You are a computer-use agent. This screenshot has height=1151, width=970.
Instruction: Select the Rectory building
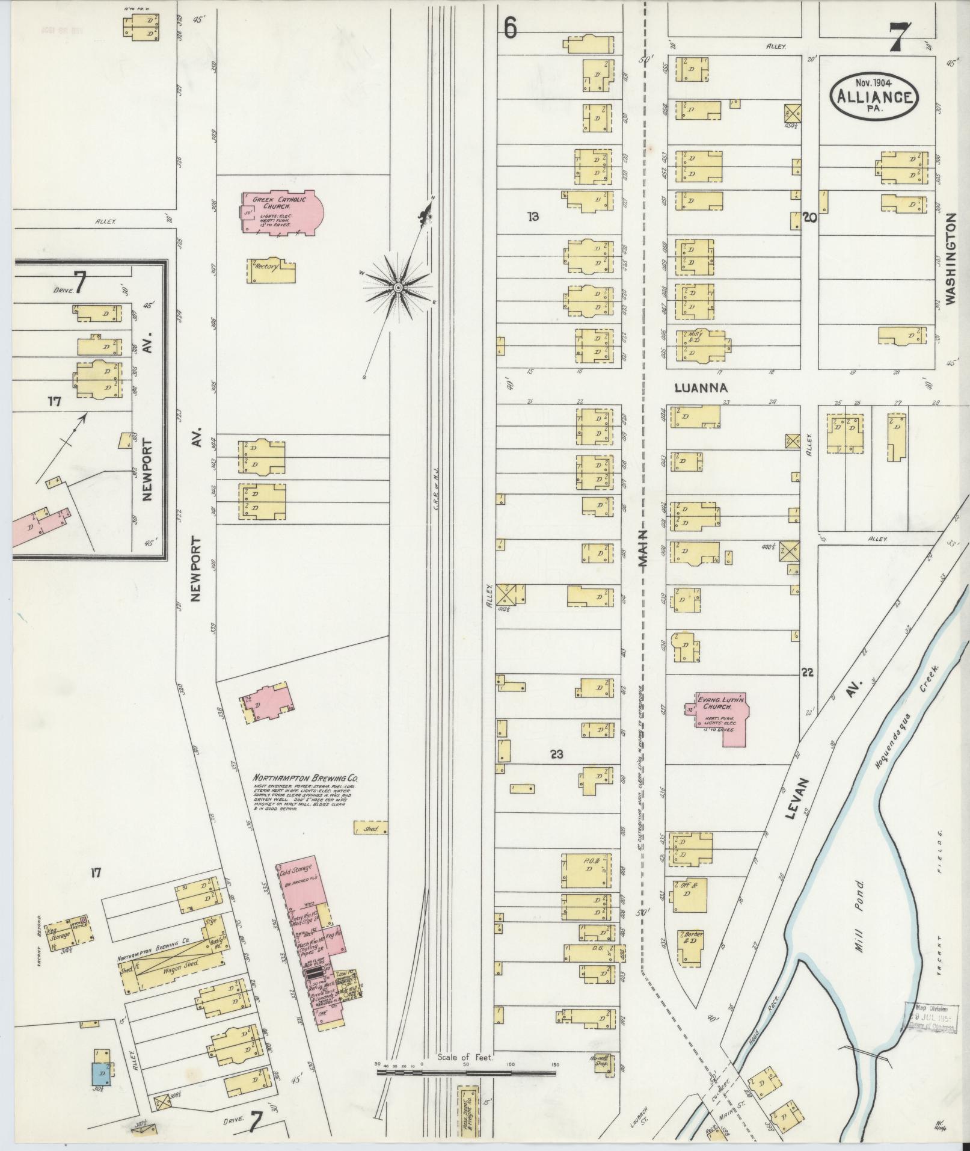click(271, 271)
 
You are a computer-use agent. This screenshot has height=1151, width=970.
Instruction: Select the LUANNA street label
click(701, 388)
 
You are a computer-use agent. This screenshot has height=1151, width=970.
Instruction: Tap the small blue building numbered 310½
click(99, 1073)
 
